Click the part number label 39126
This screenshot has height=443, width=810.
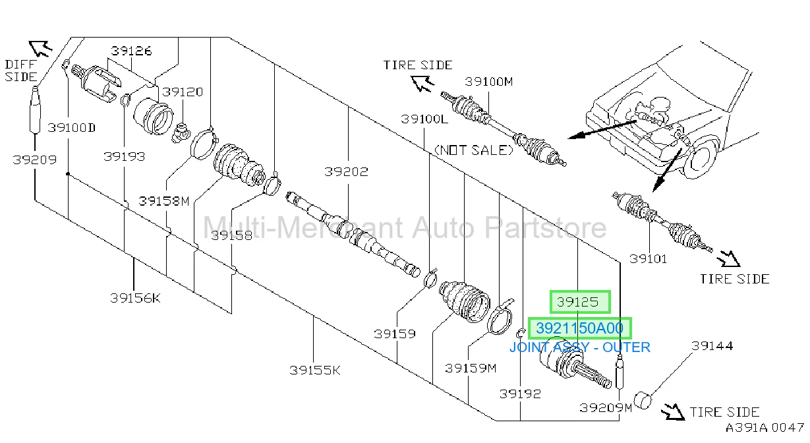pos(131,51)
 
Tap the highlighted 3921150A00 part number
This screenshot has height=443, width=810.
pos(580,328)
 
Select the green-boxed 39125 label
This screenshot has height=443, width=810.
pos(580,302)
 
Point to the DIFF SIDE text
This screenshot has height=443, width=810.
pos(21,71)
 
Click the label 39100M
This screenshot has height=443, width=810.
pos(488,82)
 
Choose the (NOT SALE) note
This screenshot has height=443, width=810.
pos(474,150)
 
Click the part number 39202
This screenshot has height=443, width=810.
pos(346,172)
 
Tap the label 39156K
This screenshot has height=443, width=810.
pos(135,298)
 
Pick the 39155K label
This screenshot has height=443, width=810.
pos(315,370)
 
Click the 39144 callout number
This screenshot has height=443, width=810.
pos(712,346)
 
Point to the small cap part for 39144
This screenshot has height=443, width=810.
pos(643,400)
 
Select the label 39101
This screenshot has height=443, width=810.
pos(648,259)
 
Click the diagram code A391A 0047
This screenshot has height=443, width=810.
pos(765,428)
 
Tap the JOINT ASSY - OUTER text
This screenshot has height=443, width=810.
pos(580,347)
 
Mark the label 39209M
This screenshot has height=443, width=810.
pos(606,408)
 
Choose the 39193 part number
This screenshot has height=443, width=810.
pos(124,157)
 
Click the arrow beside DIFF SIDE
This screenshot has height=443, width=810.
pos(40,49)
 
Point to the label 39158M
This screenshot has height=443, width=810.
pos(164,201)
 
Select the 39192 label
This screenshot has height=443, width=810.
pos(520,394)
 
